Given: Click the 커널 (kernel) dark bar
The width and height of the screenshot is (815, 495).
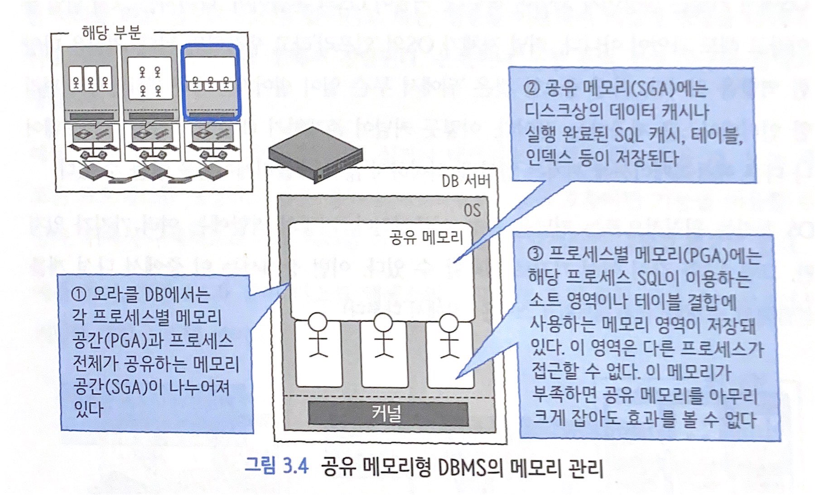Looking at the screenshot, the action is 387,413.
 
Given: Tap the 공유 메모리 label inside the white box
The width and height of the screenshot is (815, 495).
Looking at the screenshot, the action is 425,237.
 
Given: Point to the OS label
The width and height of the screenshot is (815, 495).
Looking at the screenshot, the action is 472,211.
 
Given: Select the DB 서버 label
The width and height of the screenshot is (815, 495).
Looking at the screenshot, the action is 465,182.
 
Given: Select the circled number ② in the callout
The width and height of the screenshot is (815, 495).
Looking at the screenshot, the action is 531,88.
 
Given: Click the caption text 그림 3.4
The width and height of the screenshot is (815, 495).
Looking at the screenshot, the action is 276,466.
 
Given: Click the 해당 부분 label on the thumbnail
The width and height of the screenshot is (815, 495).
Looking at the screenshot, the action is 111,32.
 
